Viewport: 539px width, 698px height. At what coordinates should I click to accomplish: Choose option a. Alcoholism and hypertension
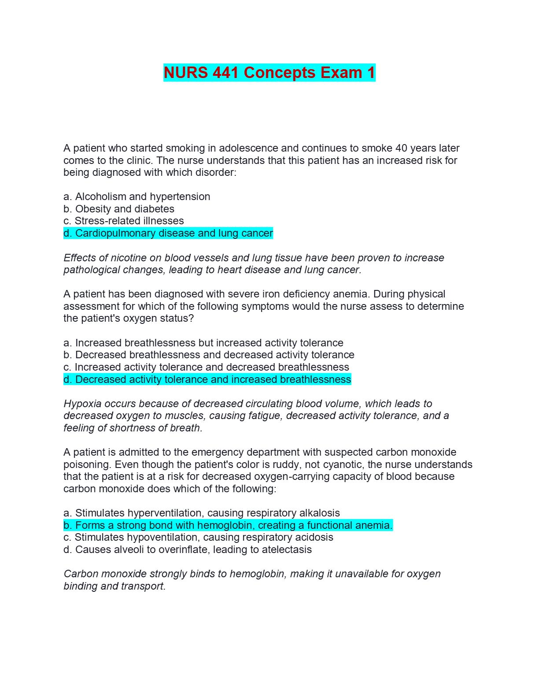[137, 197]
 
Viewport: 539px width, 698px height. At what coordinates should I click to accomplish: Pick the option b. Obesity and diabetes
[119, 209]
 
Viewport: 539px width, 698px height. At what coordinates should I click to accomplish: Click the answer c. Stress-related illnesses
[124, 221]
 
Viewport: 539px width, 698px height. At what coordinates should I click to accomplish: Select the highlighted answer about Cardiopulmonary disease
[168, 233]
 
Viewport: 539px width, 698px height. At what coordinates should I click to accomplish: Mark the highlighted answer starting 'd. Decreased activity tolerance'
[207, 379]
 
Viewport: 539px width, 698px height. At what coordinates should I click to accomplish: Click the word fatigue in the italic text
[265, 416]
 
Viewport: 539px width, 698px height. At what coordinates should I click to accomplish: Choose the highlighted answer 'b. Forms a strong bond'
[228, 525]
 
